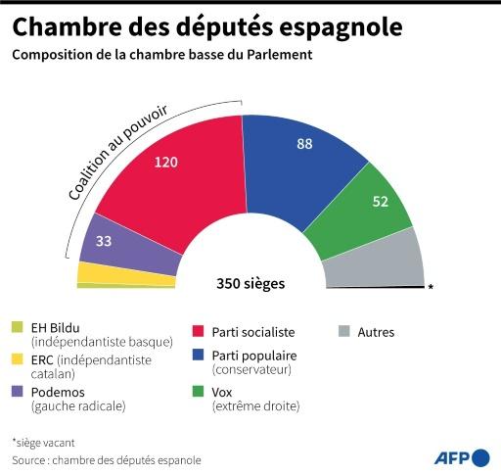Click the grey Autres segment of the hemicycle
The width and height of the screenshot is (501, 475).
[377, 260]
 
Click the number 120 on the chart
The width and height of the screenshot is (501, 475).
[167, 162]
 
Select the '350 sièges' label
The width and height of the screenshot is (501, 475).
[250, 285]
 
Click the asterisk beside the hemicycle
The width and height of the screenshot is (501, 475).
[430, 288]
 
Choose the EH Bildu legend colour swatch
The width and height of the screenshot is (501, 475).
[18, 327]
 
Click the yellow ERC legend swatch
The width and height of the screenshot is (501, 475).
[18, 359]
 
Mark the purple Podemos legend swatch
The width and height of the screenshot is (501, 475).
[18, 391]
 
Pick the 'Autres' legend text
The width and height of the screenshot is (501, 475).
[376, 332]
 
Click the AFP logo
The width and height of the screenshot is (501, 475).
[460, 456]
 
